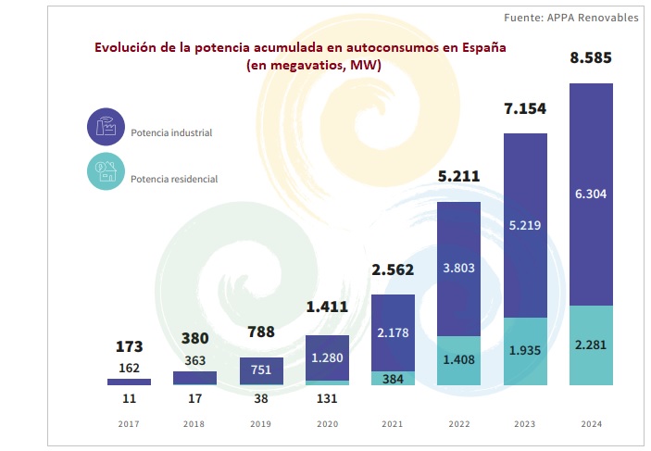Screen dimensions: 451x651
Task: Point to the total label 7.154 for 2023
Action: pos(525,109)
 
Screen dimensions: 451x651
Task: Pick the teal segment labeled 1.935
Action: pos(525,353)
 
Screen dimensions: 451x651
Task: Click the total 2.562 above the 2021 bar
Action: pos(393,270)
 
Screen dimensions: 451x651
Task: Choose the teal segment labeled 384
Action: pos(393,378)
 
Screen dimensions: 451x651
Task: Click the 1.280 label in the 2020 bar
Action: pos(327,358)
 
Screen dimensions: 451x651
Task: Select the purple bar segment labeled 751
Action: pos(261,370)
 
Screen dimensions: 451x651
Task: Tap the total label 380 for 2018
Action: pos(194,338)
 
